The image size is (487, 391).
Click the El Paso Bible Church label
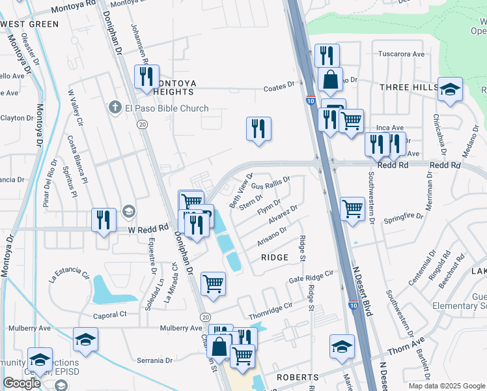pos(167,108)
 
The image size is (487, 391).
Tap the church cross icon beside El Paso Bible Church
pos(115,108)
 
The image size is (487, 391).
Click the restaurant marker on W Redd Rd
pos(104,220)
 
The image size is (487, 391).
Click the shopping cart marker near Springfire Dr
pos(352,209)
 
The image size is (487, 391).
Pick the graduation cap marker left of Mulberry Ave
pos(85,340)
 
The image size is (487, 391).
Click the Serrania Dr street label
pos(154,360)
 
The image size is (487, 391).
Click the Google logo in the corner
pos(21,383)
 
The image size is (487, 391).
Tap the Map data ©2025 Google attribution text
pos(446,386)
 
